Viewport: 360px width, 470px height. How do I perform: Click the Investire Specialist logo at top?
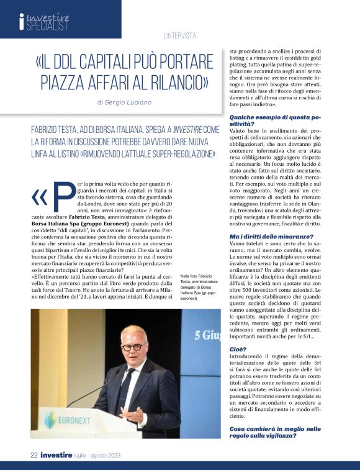pyautogui.click(x=44, y=22)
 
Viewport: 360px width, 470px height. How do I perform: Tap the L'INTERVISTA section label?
pyautogui.click(x=180, y=36)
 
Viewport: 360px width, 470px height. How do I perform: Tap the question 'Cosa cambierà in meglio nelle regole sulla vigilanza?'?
pyautogui.click(x=275, y=432)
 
